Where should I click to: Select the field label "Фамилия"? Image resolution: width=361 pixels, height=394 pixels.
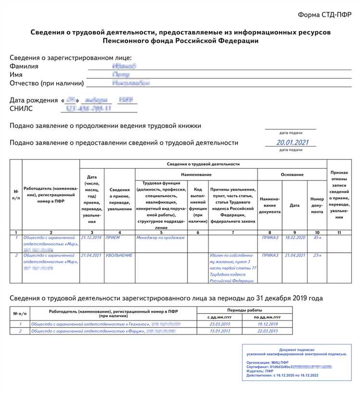24,66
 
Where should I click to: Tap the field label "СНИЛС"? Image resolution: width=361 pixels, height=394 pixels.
22,109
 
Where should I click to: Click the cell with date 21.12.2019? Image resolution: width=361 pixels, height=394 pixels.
91,238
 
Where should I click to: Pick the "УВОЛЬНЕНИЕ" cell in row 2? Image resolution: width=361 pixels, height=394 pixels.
119,256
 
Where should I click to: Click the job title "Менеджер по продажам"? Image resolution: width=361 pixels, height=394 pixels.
161,238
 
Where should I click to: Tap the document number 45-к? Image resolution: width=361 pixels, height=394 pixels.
317,238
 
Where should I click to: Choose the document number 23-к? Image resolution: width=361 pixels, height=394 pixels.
317,256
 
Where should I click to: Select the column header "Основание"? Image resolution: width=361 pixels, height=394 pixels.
292,175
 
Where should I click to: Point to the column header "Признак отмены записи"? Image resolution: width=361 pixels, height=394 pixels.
339,194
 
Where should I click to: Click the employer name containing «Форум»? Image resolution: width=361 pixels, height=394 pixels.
90,331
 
